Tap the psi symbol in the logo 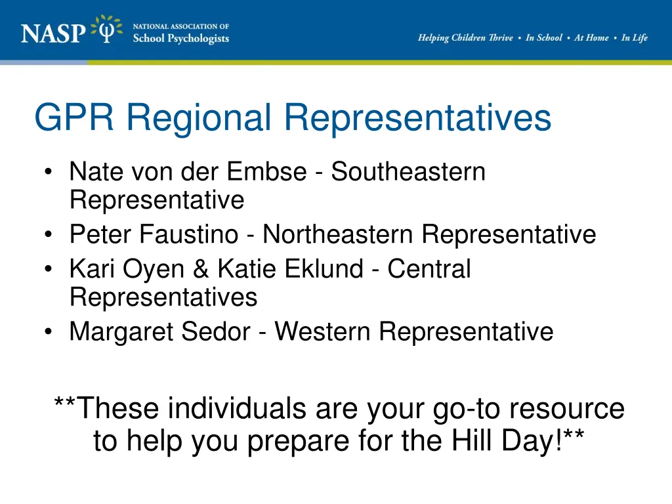pyautogui.click(x=106, y=30)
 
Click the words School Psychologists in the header pyautogui.click(x=180, y=38)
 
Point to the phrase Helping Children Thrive pyautogui.click(x=465, y=38)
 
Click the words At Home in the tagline pyautogui.click(x=591, y=38)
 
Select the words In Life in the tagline pyautogui.click(x=635, y=38)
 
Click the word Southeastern pyautogui.click(x=408, y=172)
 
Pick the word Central pyautogui.click(x=429, y=269)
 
